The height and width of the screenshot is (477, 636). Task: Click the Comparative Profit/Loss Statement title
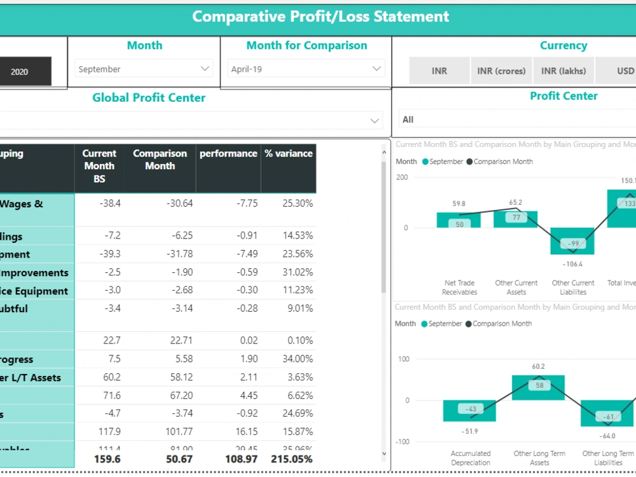pos(321,17)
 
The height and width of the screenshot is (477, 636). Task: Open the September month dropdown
pos(144,69)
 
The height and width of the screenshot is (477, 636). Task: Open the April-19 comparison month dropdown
pos(306,69)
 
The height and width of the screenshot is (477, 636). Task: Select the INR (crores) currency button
pos(501,71)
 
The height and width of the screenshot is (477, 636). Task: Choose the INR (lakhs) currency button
pos(563,71)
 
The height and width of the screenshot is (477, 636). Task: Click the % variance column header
pos(289,154)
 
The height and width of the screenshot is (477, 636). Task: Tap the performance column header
pos(228,154)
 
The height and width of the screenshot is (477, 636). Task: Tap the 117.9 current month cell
pos(109,432)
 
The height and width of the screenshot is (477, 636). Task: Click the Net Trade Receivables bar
pos(459,220)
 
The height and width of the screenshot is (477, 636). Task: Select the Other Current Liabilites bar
pos(572,241)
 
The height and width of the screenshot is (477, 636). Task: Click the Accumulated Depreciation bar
pos(469,411)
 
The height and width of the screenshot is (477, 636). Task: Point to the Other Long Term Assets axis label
pos(539,458)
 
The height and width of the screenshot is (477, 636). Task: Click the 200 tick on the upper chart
pos(401,177)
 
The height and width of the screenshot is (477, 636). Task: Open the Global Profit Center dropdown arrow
pos(375,120)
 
